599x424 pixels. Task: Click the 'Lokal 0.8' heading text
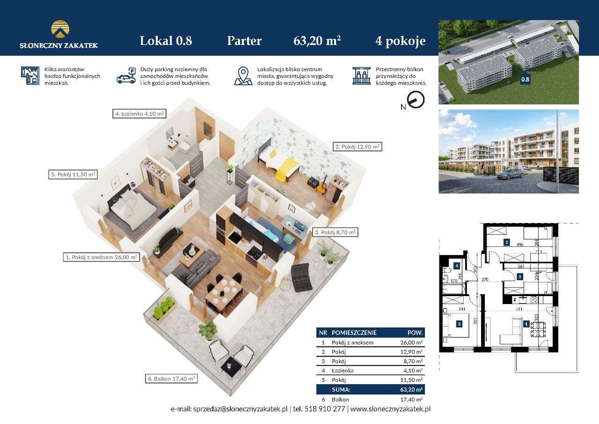[166, 41]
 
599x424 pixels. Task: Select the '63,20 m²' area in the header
[317, 41]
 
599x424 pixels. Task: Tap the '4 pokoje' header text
[400, 41]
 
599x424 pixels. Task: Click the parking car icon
[126, 76]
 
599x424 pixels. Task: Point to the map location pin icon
[242, 76]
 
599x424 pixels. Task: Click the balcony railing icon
[361, 76]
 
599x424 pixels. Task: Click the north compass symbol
[416, 100]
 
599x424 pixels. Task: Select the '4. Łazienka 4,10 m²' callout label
[139, 113]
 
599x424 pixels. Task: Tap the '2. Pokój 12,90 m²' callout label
[357, 147]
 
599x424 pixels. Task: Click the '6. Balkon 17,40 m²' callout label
[170, 379]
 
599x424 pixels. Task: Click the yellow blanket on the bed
[286, 169]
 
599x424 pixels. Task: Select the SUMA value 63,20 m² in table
[412, 389]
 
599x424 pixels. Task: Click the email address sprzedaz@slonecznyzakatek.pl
[241, 409]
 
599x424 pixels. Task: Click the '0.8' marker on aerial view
[525, 80]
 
